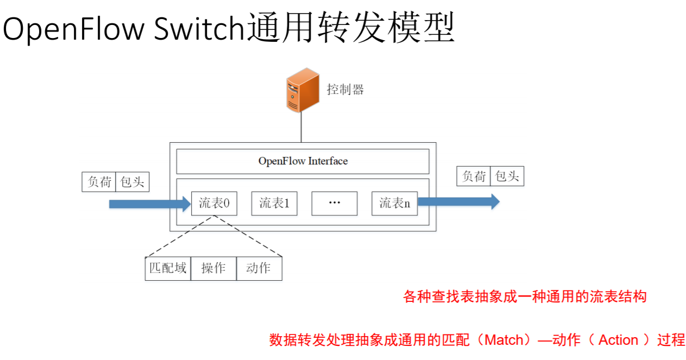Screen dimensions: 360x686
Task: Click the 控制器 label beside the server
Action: (x=345, y=90)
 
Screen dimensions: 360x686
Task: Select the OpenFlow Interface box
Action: (x=303, y=161)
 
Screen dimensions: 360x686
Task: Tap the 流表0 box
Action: (x=214, y=204)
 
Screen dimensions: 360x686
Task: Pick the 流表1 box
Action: (x=274, y=204)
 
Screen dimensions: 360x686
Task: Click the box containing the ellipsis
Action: (x=334, y=204)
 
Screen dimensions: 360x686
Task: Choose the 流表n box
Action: (x=394, y=204)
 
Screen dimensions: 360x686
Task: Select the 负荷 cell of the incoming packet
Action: (x=99, y=182)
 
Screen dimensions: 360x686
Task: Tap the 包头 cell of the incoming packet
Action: (x=132, y=182)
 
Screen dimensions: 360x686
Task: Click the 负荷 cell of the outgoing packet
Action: (x=474, y=176)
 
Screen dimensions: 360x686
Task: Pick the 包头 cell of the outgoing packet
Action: (x=507, y=176)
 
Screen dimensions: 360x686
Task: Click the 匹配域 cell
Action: (x=168, y=268)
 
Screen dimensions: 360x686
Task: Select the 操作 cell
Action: (x=213, y=268)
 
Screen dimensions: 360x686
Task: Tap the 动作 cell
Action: (x=259, y=268)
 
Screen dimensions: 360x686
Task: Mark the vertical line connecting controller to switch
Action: (x=301, y=128)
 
